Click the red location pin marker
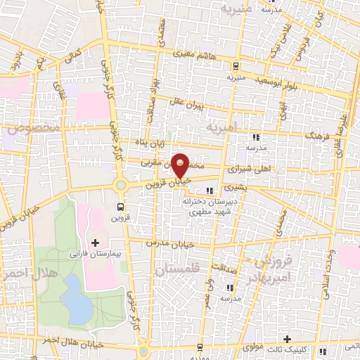181,165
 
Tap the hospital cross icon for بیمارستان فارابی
115,242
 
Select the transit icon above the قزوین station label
121,207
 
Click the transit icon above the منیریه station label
236,67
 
